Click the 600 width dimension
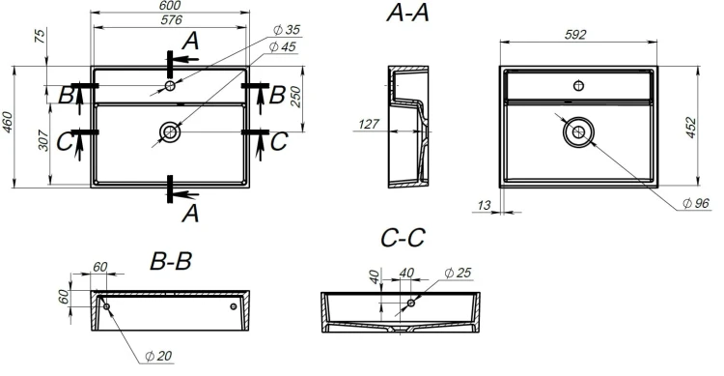pyautogui.click(x=170, y=5)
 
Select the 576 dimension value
pyautogui.click(x=171, y=20)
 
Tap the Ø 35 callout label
pyautogui.click(x=287, y=30)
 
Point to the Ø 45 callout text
pyautogui.click(x=282, y=46)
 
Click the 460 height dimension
pyautogui.click(x=8, y=122)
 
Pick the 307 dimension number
pyautogui.click(x=42, y=140)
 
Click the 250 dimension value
pyautogui.click(x=295, y=97)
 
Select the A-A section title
pyautogui.click(x=407, y=13)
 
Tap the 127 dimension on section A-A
pyautogui.click(x=369, y=124)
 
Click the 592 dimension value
pyautogui.click(x=575, y=35)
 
